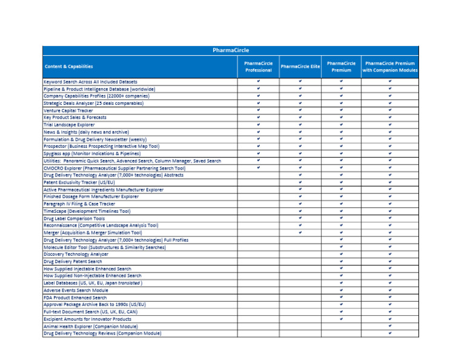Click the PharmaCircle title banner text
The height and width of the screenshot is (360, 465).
click(231, 50)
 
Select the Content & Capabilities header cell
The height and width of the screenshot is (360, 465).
click(68, 67)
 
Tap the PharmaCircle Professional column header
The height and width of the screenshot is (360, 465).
click(258, 67)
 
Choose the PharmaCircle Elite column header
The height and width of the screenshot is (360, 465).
click(300, 67)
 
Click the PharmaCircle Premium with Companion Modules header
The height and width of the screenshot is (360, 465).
click(390, 67)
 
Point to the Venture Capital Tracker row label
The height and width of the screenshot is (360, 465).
click(68, 111)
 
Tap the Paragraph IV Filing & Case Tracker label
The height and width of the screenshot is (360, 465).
click(79, 204)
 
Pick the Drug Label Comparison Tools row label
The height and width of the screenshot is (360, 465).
click(74, 218)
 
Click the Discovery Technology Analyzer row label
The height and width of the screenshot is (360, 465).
click(76, 254)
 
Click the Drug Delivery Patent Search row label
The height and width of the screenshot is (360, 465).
click(73, 261)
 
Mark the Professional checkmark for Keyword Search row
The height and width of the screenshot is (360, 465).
click(258, 81)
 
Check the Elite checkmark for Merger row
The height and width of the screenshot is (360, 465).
click(300, 232)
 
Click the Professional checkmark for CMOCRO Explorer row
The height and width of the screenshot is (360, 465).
click(258, 167)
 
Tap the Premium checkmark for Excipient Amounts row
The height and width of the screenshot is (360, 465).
click(341, 318)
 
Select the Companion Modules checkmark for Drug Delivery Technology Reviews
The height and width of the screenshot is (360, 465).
click(390, 333)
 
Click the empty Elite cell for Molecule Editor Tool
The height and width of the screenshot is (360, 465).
click(300, 247)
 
